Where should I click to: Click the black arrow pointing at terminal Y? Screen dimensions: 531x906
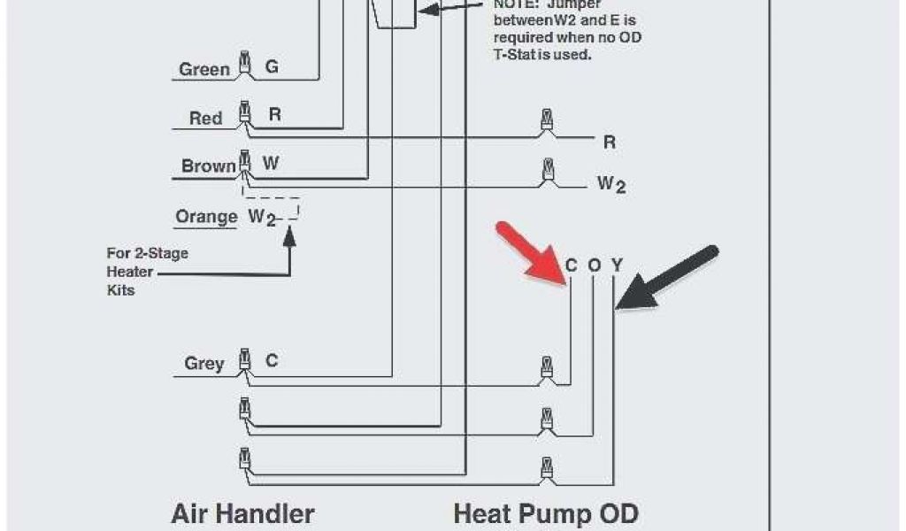[668, 277]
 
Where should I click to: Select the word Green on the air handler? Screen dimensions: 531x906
[204, 69]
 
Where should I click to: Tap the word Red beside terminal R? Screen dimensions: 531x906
[206, 118]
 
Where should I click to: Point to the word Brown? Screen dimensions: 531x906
[209, 166]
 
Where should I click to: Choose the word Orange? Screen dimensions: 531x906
[206, 217]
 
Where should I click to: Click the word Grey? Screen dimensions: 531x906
[204, 363]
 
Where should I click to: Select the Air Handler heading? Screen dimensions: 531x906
[242, 513]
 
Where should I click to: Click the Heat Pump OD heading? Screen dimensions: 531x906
[545, 513]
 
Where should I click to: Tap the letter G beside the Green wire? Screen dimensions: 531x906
[272, 67]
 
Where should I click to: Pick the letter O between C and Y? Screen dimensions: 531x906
[595, 265]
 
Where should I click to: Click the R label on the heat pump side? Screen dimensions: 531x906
[610, 142]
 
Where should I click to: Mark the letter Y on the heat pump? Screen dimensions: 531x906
[617, 265]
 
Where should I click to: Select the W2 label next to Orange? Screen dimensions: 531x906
[262, 217]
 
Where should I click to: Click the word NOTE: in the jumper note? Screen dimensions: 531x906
[517, 4]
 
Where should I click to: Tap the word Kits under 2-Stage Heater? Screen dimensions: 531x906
[120, 289]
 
